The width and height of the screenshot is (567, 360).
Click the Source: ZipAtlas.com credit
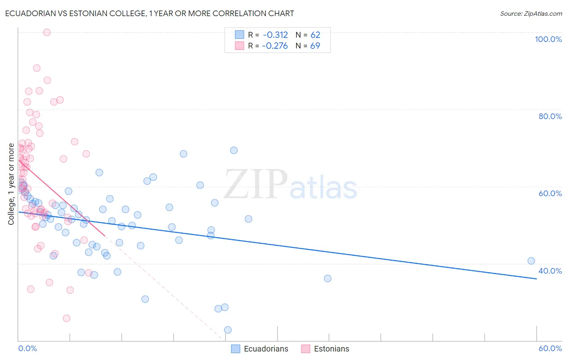[531, 13]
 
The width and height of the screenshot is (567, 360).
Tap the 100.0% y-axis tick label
[548, 39]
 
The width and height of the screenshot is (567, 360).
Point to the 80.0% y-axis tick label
[550, 116]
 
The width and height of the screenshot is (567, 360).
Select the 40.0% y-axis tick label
[550, 271]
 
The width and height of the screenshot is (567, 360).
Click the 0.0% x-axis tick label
[27, 348]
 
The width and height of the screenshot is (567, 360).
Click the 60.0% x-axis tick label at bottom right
[550, 348]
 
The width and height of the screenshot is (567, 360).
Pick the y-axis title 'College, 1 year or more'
[11, 184]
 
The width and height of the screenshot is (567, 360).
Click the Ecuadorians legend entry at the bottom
[260, 349]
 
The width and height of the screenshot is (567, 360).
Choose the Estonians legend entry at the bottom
[325, 349]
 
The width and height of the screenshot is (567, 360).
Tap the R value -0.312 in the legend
[275, 35]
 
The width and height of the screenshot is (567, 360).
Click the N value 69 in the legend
[315, 46]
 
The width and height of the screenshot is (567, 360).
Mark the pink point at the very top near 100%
[47, 32]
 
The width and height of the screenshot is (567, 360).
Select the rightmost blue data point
[531, 261]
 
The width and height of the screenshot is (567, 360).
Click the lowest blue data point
[228, 330]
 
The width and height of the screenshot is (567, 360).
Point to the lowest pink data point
[67, 318]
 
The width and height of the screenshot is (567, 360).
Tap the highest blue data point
[234, 150]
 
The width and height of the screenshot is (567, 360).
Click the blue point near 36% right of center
[327, 278]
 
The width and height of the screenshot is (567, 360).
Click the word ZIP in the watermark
[256, 184]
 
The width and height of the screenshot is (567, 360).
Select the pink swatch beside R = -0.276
[240, 46]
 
